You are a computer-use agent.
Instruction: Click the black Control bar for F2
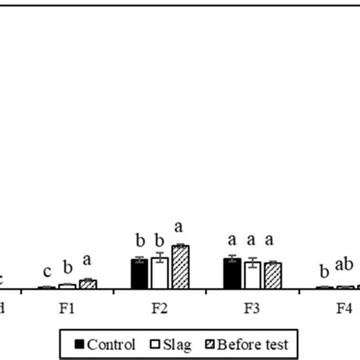pyautogui.click(x=139, y=273)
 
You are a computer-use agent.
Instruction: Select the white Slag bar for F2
pyautogui.click(x=159, y=273)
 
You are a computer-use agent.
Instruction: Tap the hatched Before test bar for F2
pyautogui.click(x=180, y=267)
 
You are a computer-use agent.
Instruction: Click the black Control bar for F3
pyautogui.click(x=232, y=273)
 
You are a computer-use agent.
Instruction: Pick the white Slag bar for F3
pyautogui.click(x=252, y=275)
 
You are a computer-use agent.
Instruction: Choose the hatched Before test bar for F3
pyautogui.click(x=272, y=275)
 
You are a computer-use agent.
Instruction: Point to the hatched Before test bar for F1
pyautogui.click(x=87, y=284)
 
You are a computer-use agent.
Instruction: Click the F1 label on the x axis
pyautogui.click(x=67, y=309)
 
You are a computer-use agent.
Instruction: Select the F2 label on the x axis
pyautogui.click(x=159, y=309)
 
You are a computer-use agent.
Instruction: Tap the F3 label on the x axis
pyautogui.click(x=252, y=309)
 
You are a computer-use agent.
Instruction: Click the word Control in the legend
pyautogui.click(x=112, y=343)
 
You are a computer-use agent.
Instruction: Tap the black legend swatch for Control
pyautogui.click(x=80, y=343)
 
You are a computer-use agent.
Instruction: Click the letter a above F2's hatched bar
pyautogui.click(x=180, y=226)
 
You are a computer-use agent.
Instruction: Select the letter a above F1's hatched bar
pyautogui.click(x=87, y=261)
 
